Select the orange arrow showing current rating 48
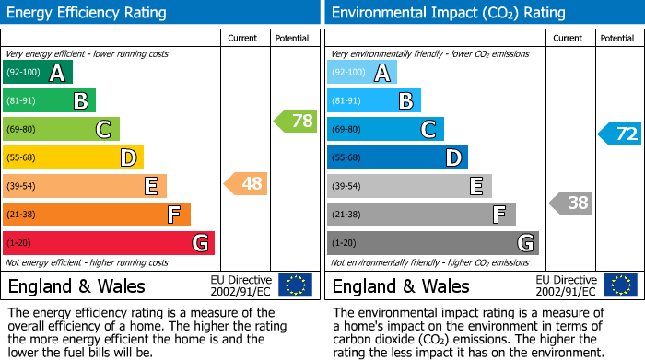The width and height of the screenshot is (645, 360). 246,183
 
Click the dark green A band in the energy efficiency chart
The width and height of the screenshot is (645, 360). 38,73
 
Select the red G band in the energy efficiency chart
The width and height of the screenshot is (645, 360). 109,243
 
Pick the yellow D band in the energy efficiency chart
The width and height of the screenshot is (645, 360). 74,157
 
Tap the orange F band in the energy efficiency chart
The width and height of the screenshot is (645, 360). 97,215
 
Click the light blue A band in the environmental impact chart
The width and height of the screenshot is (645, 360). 362,73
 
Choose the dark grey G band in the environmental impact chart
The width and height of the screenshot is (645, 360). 432,243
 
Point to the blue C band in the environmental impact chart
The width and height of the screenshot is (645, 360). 385,129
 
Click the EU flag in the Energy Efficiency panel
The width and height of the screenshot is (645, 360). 295,285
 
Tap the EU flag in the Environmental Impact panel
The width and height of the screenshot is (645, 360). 619,285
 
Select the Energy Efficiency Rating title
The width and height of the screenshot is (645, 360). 88,13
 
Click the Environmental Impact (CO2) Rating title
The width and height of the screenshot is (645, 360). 448,13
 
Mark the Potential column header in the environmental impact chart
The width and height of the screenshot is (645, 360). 616,38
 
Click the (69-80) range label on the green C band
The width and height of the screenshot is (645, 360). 22,129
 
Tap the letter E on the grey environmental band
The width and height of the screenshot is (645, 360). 475,186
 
